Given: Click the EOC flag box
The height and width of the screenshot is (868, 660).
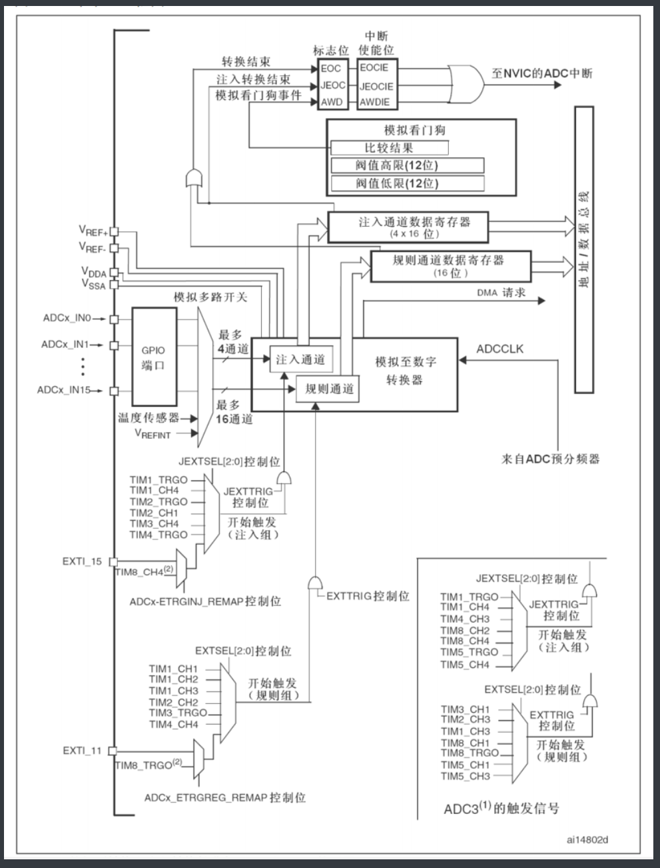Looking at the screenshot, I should click(x=331, y=69).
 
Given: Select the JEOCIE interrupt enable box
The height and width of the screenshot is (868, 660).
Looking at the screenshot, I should click(x=376, y=86).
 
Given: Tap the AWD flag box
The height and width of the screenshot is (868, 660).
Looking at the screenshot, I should click(x=332, y=102).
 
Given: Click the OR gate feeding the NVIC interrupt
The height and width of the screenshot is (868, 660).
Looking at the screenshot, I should click(x=466, y=85).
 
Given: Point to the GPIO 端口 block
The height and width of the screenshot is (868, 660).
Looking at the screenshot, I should click(x=154, y=357).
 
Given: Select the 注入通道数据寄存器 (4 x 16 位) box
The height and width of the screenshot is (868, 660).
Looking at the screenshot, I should click(x=408, y=227).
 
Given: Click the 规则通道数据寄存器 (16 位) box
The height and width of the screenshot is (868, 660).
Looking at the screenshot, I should click(x=451, y=266).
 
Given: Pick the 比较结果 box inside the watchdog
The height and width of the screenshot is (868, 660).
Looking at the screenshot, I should click(x=389, y=148).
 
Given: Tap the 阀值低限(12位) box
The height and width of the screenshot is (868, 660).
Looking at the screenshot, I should click(x=406, y=183).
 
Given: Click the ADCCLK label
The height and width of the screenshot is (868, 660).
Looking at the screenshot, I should click(x=499, y=349).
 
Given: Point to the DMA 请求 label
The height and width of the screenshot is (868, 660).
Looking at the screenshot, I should click(x=501, y=293).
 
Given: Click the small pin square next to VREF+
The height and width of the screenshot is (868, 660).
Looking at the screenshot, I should click(x=114, y=231).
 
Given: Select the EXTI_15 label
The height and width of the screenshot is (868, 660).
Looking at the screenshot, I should click(x=83, y=561).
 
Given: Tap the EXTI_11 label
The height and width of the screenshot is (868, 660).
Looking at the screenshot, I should click(x=83, y=751).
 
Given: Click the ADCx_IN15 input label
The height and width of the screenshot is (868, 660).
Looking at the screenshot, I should click(x=67, y=390).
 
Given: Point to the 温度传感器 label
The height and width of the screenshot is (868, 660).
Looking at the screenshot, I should click(x=149, y=418).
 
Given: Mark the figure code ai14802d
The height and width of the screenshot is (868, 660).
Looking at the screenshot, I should click(x=587, y=839).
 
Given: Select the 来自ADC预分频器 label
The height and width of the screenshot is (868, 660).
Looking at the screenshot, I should click(x=550, y=459).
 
